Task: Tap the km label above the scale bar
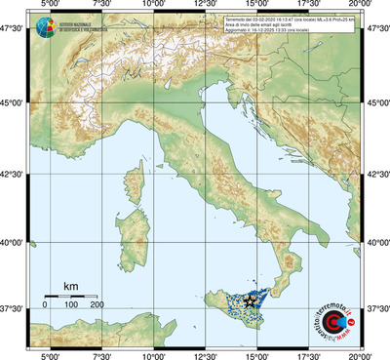tap(70, 286)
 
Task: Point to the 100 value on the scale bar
tap(71, 305)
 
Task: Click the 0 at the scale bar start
tap(45, 305)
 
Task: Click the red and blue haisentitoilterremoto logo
tap(333, 315)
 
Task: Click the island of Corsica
tap(132, 175)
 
